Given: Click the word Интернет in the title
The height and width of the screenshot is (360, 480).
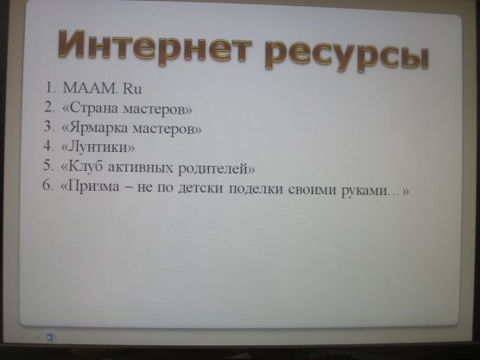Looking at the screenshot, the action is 155,47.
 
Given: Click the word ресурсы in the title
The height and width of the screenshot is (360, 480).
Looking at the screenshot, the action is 347,56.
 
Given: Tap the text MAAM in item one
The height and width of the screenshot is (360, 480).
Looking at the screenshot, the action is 90,88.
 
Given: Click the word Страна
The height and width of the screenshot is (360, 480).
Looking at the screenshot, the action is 94,107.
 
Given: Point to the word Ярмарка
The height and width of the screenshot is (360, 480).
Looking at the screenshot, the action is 98,127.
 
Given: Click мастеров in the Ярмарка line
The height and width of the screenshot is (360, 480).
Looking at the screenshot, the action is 163,129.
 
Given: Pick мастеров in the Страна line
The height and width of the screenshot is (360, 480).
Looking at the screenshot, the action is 154,109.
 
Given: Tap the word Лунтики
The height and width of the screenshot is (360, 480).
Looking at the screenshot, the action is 98,147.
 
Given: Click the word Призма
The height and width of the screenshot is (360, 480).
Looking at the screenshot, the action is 93,186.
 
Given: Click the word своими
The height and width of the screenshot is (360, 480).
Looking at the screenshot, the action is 313,190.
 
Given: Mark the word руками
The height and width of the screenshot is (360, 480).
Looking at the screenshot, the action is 363,191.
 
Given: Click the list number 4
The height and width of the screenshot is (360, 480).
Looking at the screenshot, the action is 48,146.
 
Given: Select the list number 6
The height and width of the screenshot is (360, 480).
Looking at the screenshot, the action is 47,185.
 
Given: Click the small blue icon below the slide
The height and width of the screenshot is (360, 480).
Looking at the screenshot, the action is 50,337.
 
